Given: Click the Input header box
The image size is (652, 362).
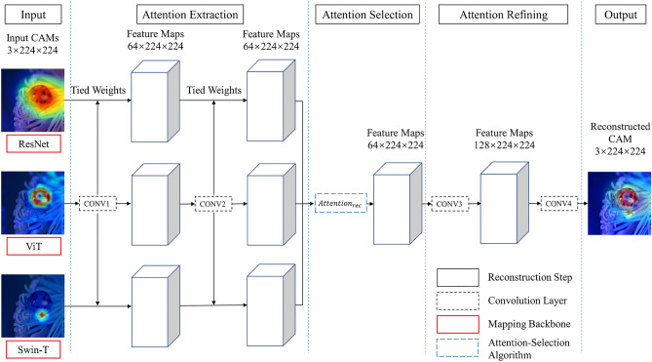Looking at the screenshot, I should (33, 15).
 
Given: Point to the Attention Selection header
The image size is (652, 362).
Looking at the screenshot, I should (367, 15).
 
